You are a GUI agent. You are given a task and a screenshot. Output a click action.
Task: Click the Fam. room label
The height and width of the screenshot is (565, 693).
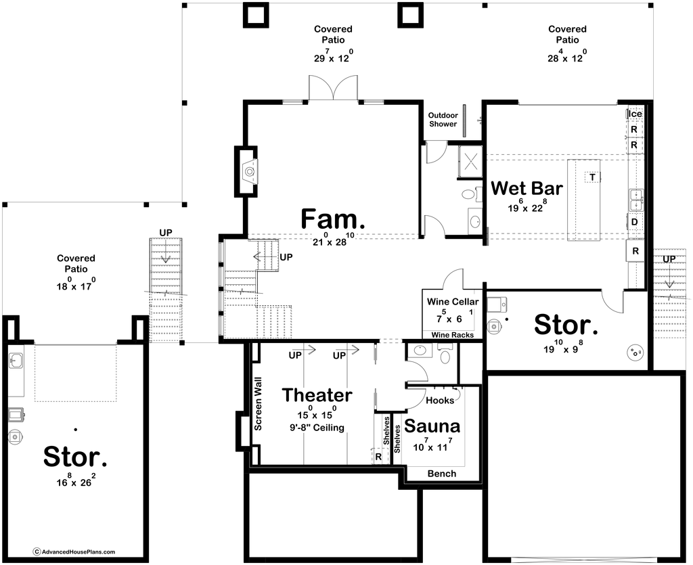point(330,219)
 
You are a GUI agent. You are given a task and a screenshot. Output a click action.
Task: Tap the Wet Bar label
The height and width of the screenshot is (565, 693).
point(527,188)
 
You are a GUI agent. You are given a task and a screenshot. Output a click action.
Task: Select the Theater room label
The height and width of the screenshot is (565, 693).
point(317,395)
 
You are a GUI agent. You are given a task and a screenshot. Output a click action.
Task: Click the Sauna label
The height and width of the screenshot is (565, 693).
point(432,426)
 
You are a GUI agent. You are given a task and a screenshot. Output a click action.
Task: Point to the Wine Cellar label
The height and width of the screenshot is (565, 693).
point(453,302)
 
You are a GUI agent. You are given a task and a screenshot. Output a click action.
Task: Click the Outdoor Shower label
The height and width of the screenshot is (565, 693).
point(443,120)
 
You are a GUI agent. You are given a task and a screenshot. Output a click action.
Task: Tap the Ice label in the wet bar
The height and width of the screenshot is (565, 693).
point(635,114)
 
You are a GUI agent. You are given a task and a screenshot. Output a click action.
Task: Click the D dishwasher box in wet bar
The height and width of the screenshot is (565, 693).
point(635,221)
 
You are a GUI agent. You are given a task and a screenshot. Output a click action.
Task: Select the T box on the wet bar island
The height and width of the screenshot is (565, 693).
point(592,177)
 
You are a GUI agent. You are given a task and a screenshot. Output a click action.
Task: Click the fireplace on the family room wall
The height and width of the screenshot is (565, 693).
point(248,171)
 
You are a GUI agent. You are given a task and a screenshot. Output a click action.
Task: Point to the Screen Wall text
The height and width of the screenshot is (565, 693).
point(258,404)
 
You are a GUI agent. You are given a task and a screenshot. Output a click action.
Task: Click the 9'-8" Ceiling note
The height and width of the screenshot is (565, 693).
point(317,428)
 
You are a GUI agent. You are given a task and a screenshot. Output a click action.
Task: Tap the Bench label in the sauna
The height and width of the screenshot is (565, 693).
point(441,474)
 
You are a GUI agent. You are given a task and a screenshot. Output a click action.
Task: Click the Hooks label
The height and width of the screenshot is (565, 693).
point(440,400)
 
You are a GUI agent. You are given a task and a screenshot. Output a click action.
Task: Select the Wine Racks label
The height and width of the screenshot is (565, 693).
point(453,335)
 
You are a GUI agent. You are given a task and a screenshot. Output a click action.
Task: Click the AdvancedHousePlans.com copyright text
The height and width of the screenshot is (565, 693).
point(74,551)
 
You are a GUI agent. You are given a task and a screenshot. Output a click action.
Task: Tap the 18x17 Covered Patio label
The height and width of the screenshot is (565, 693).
point(76,272)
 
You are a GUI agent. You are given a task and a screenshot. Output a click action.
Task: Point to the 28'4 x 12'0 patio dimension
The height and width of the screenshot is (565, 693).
point(568,57)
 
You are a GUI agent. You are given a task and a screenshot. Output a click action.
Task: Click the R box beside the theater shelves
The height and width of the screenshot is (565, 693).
point(378,457)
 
